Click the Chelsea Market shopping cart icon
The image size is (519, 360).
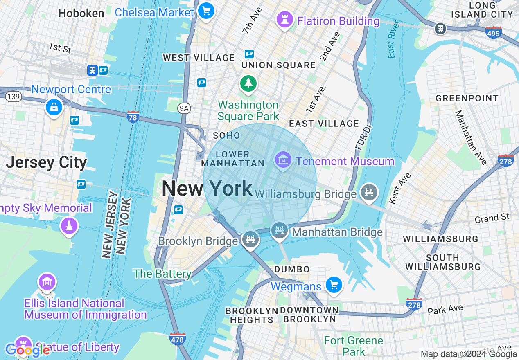click(x=206, y=11)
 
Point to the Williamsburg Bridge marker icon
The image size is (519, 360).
click(x=369, y=192)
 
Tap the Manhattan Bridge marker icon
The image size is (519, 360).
click(x=280, y=230)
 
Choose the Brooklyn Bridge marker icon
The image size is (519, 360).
click(x=250, y=239)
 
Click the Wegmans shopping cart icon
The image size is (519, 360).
click(x=334, y=285)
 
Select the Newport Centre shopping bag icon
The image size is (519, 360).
click(x=54, y=108)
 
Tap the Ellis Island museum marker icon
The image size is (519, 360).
click(x=47, y=282)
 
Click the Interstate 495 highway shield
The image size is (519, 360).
click(x=493, y=33)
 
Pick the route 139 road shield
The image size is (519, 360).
click(x=14, y=97)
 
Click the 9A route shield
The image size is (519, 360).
click(x=185, y=108)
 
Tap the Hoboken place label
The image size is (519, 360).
click(x=81, y=13)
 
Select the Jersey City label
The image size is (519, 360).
click(x=46, y=163)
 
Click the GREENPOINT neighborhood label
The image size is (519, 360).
click(x=467, y=98)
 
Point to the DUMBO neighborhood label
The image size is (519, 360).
click(x=292, y=269)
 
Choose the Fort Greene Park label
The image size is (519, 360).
click(x=353, y=346)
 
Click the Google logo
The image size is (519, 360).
click(x=28, y=350)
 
